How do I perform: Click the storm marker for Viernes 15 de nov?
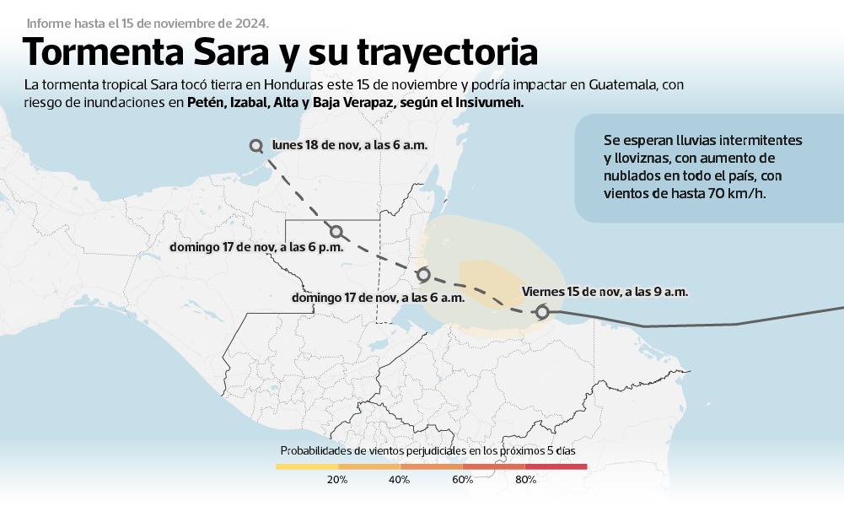[543, 312]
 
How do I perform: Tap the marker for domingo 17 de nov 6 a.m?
[423, 275]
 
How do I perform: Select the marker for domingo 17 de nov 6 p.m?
[336, 231]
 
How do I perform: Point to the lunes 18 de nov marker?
[256, 146]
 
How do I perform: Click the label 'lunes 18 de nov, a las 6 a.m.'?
[349, 145]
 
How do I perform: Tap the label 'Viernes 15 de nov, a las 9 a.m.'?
[605, 292]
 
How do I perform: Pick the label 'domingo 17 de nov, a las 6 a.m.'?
[378, 298]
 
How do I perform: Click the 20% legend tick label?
[337, 480]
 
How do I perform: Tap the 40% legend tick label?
[400, 480]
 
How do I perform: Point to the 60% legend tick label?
[462, 480]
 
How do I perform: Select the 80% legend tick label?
[525, 480]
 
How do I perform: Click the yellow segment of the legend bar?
[307, 466]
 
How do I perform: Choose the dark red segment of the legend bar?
[556, 466]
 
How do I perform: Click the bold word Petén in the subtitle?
[205, 102]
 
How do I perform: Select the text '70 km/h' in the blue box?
[744, 193]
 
